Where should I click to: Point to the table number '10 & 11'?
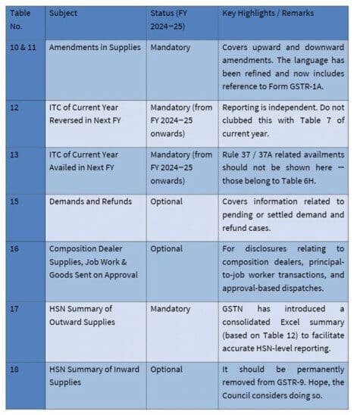(x=24, y=47)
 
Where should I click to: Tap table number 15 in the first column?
(x=15, y=202)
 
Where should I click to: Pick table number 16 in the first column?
(x=15, y=248)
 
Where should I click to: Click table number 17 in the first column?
(x=15, y=309)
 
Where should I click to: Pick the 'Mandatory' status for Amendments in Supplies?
(x=171, y=47)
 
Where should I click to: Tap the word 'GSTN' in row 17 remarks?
(x=236, y=309)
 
